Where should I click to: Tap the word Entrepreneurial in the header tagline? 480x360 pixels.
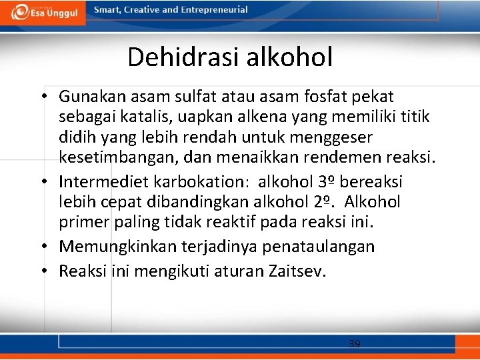pyautogui.click(x=211, y=10)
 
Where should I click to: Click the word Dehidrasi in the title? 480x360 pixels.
pyautogui.click(x=184, y=57)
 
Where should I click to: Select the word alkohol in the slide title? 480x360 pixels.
pyautogui.click(x=290, y=57)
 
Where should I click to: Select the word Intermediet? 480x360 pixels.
pyautogui.click(x=103, y=182)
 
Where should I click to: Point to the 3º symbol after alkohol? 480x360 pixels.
pyautogui.click(x=323, y=181)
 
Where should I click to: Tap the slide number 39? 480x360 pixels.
pyautogui.click(x=355, y=344)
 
